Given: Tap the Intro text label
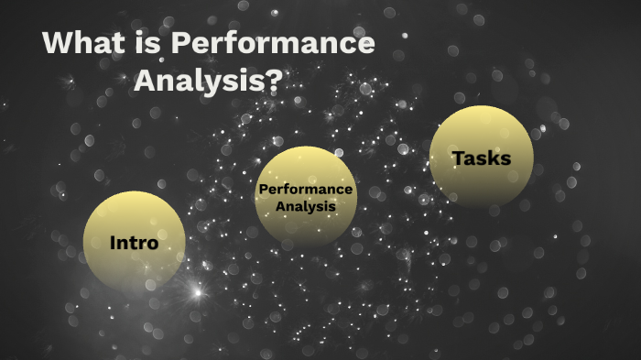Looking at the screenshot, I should point(134,244).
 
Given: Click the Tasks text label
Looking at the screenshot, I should point(481,158).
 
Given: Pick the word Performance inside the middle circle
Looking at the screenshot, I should point(306,189).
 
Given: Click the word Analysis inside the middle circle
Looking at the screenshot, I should point(306,206).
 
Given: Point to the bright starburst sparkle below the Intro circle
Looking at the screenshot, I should point(195,292).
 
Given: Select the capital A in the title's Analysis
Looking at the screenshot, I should point(147,80).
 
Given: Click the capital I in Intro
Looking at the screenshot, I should point(113,244).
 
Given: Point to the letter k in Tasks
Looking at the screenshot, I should point(495,158).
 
